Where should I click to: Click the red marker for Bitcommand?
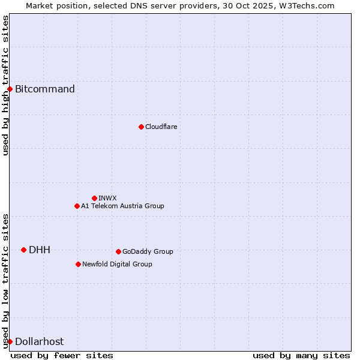(x=10, y=89)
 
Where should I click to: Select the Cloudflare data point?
(x=141, y=127)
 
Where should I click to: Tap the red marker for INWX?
(x=94, y=198)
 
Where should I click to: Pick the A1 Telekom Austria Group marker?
(x=77, y=206)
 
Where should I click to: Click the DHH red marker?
(x=23, y=250)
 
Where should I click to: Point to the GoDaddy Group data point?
(x=118, y=251)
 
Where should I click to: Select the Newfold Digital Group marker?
(x=78, y=264)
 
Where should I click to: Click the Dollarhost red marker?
(x=10, y=341)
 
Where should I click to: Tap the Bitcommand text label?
(x=45, y=89)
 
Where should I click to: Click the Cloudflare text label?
(x=161, y=127)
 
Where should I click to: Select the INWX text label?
(x=107, y=198)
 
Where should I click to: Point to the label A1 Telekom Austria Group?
(x=122, y=206)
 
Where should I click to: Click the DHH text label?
(x=40, y=250)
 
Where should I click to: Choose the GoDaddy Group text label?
(x=148, y=251)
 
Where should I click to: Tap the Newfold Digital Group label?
(x=117, y=264)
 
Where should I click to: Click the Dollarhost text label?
(x=39, y=341)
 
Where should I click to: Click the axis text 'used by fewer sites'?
(x=62, y=355)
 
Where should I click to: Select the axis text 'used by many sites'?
(x=301, y=355)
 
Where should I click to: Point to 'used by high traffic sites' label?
(x=5, y=85)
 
